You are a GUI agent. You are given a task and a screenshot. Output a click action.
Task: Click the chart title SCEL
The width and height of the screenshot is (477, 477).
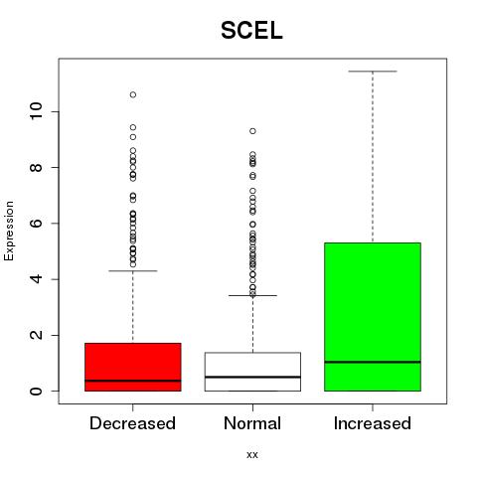[251, 31]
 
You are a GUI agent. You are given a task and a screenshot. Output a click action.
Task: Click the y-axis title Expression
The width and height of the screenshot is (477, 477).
[9, 231]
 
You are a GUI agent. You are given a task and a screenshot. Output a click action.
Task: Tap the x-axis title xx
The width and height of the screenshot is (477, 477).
[252, 454]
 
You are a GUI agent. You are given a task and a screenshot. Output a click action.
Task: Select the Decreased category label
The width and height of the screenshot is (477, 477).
[132, 423]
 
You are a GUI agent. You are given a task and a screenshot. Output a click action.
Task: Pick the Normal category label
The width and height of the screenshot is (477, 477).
[252, 423]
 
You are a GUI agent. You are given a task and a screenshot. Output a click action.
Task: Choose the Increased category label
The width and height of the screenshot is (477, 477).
[373, 423]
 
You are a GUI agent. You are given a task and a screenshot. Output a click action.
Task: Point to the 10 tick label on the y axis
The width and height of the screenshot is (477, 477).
[36, 111]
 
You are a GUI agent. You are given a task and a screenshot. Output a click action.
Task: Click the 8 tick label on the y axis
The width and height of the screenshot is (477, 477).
[36, 167]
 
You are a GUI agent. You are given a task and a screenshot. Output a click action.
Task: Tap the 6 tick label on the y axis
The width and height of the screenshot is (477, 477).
[36, 223]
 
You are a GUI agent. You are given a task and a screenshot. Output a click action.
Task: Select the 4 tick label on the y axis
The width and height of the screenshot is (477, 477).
[36, 279]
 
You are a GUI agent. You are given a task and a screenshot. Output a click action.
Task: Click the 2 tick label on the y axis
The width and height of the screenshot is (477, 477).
[36, 335]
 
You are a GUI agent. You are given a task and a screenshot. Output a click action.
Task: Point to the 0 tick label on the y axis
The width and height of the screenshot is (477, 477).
[36, 391]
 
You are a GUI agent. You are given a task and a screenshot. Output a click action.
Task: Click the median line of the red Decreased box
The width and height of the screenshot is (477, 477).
[133, 381]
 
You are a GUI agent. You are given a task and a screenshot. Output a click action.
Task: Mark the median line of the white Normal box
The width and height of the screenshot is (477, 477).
[252, 377]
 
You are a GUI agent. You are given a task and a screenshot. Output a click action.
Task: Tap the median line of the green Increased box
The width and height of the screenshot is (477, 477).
[373, 362]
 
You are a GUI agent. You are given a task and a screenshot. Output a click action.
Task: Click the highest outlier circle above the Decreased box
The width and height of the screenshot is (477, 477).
[133, 94]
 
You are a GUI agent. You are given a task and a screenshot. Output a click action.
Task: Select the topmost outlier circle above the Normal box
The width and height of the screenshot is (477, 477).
[252, 131]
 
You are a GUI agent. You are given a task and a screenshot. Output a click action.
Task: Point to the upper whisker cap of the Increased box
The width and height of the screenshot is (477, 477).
[373, 72]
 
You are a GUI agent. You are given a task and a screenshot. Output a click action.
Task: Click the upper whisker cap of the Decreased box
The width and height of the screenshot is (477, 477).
[133, 271]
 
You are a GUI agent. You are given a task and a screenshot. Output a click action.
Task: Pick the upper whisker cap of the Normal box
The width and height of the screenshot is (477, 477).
[252, 295]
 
